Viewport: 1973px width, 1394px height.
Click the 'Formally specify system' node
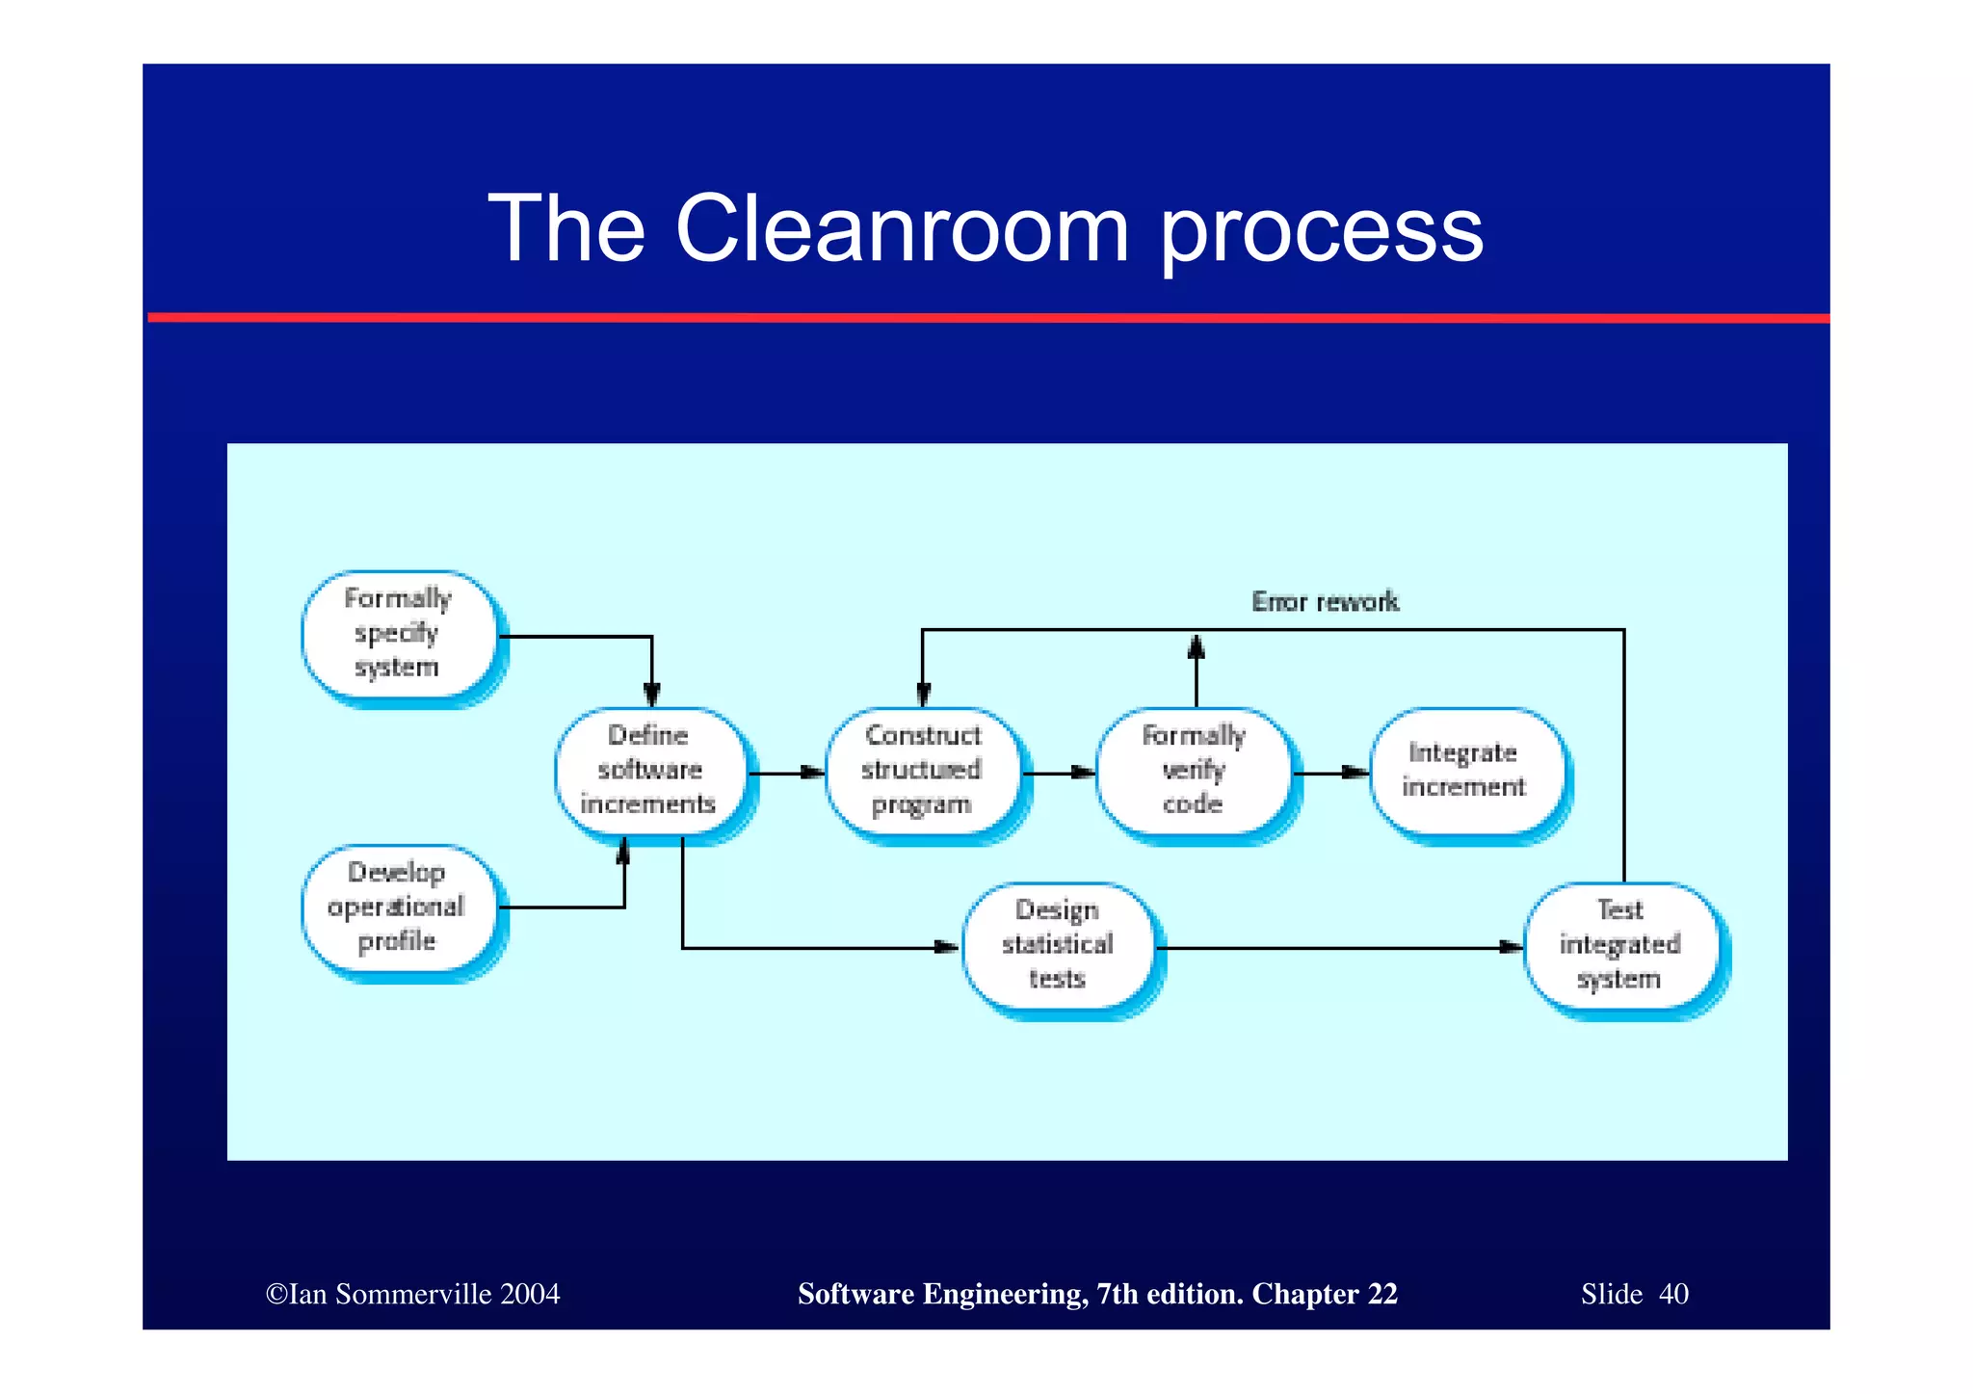(x=399, y=635)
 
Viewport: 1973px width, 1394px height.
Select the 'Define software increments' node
(x=650, y=771)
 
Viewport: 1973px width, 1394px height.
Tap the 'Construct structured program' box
(x=922, y=771)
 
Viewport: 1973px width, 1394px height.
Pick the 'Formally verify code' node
(x=1194, y=771)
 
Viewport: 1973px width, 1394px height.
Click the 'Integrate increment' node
(x=1464, y=771)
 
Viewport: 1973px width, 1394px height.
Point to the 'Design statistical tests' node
(x=1058, y=946)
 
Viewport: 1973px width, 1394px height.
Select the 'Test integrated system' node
(x=1620, y=946)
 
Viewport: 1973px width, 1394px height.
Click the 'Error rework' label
(x=1325, y=602)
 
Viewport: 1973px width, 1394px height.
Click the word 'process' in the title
(x=1321, y=231)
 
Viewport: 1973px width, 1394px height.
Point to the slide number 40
(x=1673, y=1294)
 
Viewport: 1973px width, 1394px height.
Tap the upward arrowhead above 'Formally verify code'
(x=1197, y=646)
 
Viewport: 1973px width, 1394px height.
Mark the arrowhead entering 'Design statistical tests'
(x=947, y=948)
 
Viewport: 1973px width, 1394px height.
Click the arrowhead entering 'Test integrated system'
(x=1511, y=948)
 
